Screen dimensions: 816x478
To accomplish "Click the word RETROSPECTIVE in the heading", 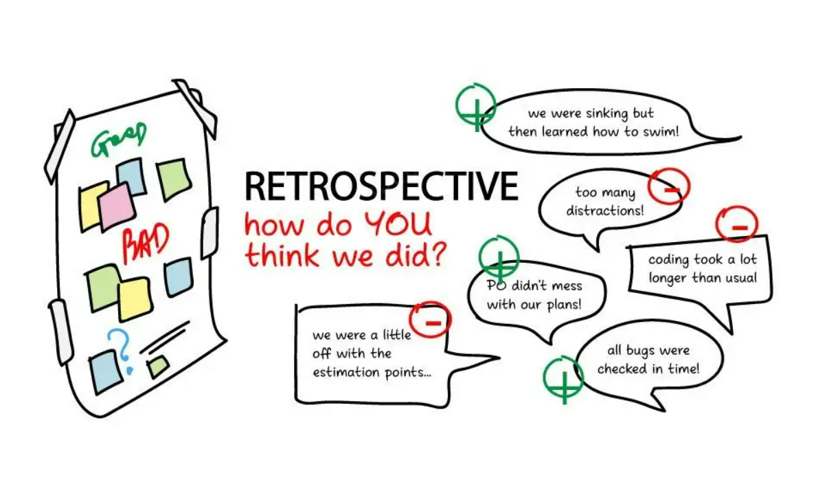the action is [381, 186].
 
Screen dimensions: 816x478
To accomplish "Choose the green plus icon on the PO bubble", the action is [499, 259].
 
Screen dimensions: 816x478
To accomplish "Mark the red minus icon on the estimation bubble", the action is [430, 321].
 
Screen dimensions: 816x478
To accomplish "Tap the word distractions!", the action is [605, 210].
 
